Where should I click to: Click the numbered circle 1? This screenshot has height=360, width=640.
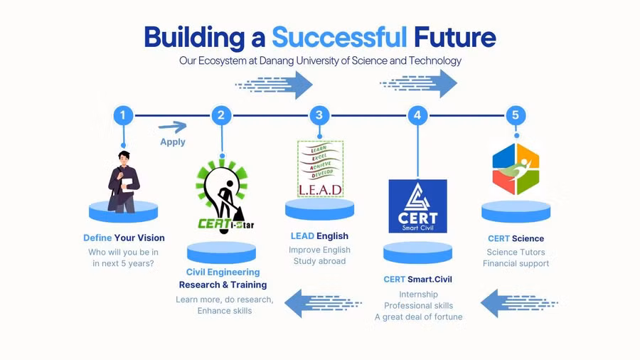click(123, 115)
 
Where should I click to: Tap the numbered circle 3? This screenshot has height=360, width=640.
click(319, 115)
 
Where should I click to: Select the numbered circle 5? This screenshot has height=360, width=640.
click(516, 115)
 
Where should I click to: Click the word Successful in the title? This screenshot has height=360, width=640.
click(340, 38)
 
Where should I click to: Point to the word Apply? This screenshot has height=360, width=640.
click(173, 142)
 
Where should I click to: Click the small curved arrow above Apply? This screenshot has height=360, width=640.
click(173, 127)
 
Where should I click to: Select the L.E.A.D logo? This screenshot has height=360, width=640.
click(321, 169)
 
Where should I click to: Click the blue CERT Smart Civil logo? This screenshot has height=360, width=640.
click(417, 206)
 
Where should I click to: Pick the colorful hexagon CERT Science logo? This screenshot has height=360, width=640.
click(516, 169)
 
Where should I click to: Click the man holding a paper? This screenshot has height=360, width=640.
click(124, 182)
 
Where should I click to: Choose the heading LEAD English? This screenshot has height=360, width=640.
click(319, 236)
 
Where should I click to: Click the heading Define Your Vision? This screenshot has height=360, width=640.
click(124, 238)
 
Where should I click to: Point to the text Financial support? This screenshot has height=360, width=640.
click(516, 264)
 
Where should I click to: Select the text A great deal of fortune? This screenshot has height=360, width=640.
click(419, 317)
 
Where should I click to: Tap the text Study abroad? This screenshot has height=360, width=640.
click(319, 261)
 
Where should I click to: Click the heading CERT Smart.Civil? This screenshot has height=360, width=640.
click(418, 279)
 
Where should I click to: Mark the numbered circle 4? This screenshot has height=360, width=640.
click(417, 115)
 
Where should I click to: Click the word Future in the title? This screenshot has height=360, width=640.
click(455, 38)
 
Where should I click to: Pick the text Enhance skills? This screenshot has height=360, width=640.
click(225, 311)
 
